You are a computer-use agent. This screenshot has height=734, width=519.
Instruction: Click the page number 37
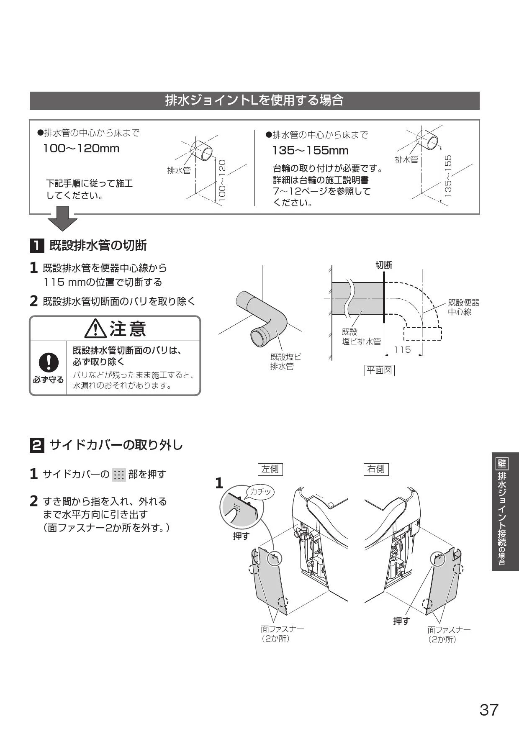pyautogui.click(x=489, y=710)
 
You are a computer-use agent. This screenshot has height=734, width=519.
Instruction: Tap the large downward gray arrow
pyautogui.click(x=62, y=218)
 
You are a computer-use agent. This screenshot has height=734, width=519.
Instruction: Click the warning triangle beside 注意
pyautogui.click(x=95, y=329)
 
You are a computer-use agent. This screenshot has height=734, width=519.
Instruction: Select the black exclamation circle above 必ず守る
pyautogui.click(x=49, y=362)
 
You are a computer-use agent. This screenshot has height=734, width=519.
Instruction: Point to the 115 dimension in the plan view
pyautogui.click(x=403, y=349)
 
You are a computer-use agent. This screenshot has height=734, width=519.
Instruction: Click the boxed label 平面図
pyautogui.click(x=380, y=370)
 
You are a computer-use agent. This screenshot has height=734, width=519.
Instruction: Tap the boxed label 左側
pyautogui.click(x=270, y=469)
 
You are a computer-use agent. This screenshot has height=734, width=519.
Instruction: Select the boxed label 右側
pyautogui.click(x=376, y=469)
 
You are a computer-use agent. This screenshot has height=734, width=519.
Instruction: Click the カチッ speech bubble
pyautogui.click(x=260, y=492)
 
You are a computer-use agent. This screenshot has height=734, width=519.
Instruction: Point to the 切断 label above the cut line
pyautogui.click(x=384, y=265)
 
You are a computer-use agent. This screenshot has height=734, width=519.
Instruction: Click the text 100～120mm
pyautogui.click(x=82, y=149)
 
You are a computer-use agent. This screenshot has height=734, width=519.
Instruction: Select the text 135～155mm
pyautogui.click(x=311, y=151)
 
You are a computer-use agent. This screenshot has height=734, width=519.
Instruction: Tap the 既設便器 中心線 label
pyautogui.click(x=463, y=307)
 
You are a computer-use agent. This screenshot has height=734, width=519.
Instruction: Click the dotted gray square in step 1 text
pyautogui.click(x=119, y=475)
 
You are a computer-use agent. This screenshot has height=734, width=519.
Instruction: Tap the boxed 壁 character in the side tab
pyautogui.click(x=501, y=463)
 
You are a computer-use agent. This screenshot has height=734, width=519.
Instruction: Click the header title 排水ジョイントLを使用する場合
pyautogui.click(x=254, y=100)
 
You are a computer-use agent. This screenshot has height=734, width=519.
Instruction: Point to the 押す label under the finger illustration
pyautogui.click(x=241, y=536)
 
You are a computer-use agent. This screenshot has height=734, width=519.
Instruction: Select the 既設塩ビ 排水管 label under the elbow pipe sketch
pyautogui.click(x=285, y=362)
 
